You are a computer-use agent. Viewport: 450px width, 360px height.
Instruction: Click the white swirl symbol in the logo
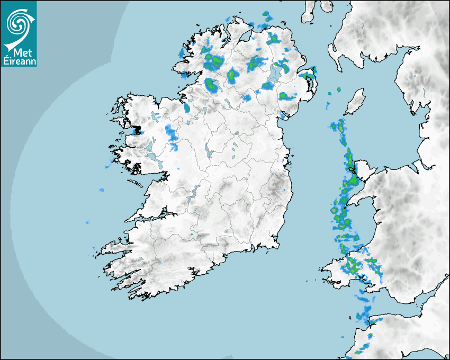(x=18, y=22)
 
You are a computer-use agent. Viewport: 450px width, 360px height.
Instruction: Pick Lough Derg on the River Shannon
(x=193, y=193)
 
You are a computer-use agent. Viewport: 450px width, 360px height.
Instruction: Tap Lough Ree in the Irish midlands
(x=208, y=154)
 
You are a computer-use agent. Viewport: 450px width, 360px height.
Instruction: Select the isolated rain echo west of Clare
(x=101, y=190)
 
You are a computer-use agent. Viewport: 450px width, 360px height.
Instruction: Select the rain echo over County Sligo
(x=186, y=107)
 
